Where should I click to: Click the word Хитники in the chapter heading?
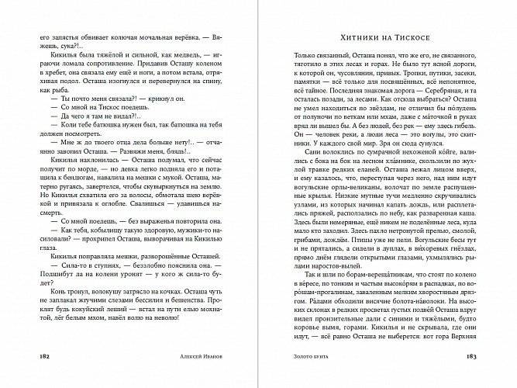363,37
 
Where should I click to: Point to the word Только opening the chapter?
310,56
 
